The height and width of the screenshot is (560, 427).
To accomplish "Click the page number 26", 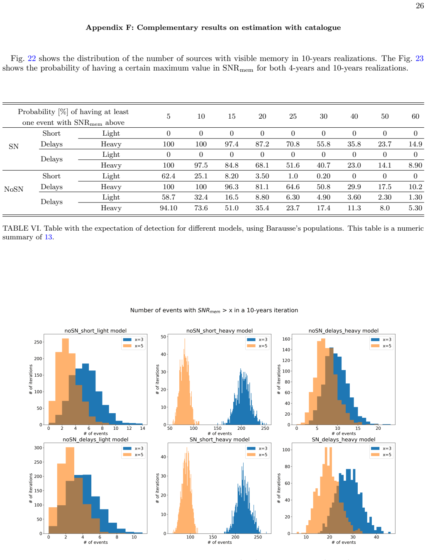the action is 420,6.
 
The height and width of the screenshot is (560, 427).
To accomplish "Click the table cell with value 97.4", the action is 232,144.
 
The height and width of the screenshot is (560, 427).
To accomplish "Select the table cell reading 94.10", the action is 168,208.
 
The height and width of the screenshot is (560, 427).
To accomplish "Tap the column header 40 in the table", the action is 354,116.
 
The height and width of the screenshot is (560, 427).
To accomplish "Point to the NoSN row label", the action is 14,189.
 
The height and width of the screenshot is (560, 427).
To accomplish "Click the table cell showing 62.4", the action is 168,176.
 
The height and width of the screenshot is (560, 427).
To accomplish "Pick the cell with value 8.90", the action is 415,166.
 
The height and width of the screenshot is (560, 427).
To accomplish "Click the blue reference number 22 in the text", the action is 32,58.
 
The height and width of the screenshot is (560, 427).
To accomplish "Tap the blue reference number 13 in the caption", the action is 48,237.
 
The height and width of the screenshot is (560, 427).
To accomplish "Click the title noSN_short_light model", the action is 95,331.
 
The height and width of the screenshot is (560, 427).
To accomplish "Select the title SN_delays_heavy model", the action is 344,439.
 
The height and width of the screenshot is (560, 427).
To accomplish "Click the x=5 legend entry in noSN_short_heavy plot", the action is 258,346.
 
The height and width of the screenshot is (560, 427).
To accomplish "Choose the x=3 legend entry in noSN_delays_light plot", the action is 134,448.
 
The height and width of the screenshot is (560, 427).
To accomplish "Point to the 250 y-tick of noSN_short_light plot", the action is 38,342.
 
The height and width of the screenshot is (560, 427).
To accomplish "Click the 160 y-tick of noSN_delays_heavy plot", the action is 286,339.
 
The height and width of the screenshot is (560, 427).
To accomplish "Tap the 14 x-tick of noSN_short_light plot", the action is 142,429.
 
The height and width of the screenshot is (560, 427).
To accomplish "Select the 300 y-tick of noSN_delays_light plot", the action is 38,448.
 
